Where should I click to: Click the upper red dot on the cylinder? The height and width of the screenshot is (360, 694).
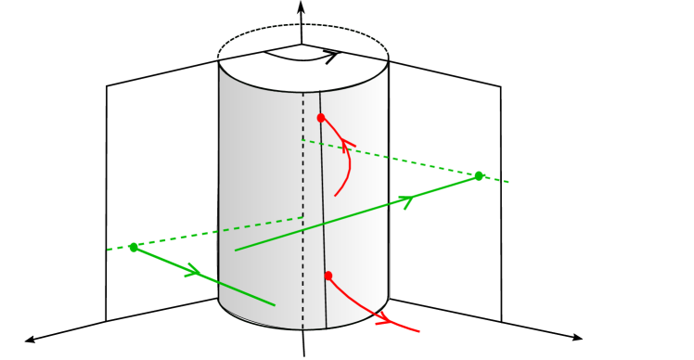click(321, 118)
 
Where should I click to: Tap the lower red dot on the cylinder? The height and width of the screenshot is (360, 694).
click(328, 276)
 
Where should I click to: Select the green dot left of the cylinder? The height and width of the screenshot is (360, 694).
click(134, 247)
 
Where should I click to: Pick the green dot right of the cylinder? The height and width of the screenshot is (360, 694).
click(479, 175)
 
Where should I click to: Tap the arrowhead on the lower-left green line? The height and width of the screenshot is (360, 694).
click(194, 272)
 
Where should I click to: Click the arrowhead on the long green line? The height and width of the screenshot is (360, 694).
click(406, 200)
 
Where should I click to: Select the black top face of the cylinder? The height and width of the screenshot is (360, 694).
click(303, 58)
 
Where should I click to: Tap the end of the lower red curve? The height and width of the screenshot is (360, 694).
click(419, 331)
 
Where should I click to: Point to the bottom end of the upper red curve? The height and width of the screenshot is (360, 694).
click(336, 195)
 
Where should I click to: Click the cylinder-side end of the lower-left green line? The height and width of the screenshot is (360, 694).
click(275, 304)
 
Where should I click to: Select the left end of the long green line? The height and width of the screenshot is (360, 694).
click(236, 250)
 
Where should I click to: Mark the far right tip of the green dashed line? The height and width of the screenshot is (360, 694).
click(509, 182)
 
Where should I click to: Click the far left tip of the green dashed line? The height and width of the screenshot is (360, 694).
click(108, 250)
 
